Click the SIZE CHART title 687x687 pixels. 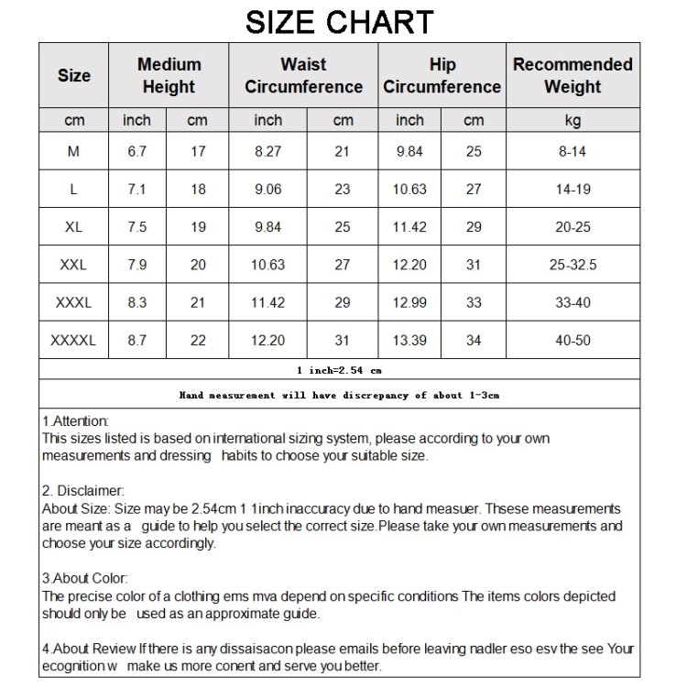coord(339,21)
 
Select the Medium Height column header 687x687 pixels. coord(169,76)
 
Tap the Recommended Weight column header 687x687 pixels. coord(572,76)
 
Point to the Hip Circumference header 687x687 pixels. coord(442,76)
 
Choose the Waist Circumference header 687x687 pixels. coord(303,76)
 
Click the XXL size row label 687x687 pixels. coord(73,265)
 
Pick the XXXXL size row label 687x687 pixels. coord(73,340)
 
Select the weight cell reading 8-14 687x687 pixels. coord(572,152)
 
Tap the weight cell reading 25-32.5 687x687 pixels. coord(572,265)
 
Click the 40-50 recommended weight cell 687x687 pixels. coord(572,340)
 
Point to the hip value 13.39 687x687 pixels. coord(409,340)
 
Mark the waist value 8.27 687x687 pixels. coord(267,152)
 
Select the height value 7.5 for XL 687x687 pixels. coord(136,227)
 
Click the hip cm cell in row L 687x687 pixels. coord(474,190)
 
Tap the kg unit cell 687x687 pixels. coord(572,120)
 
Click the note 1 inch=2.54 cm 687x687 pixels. coord(339,370)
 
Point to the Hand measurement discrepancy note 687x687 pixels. coord(339,396)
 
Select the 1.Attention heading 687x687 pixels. coord(76,421)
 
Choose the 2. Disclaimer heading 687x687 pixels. coord(83,491)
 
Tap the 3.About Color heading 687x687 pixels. coord(85,579)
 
